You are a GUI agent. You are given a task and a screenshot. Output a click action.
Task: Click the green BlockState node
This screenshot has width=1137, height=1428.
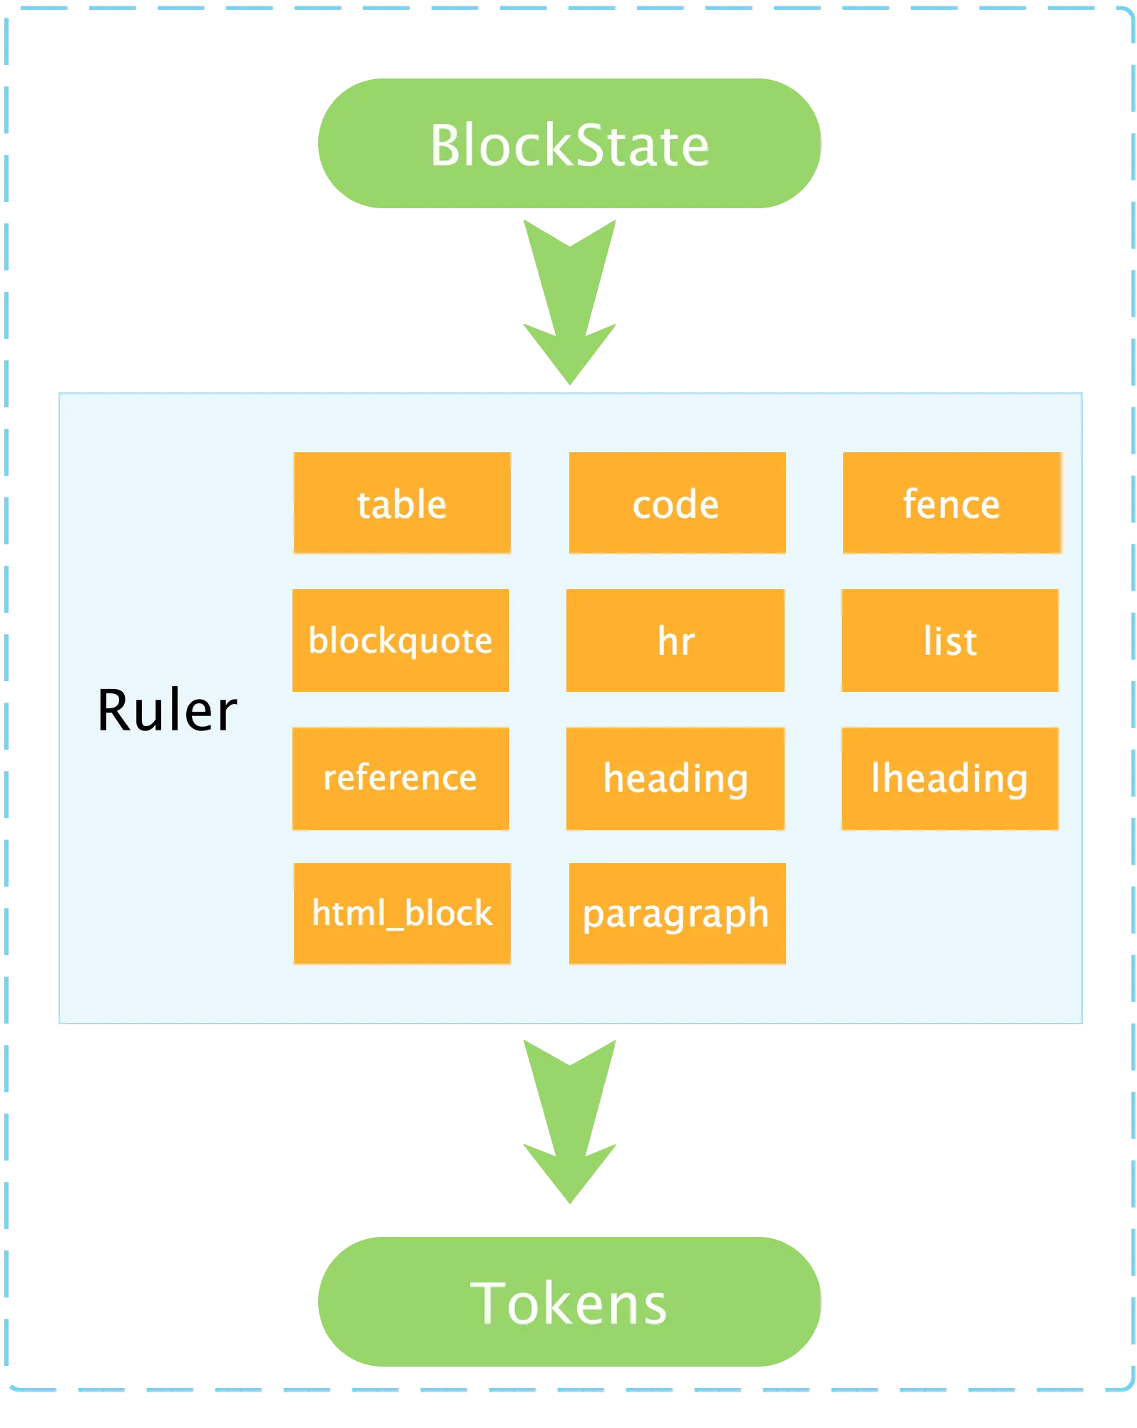tap(568, 143)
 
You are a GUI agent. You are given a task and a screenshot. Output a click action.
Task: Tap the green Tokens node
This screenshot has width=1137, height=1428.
tap(568, 1302)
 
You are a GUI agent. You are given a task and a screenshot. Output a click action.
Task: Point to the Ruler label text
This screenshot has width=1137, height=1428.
tap(167, 710)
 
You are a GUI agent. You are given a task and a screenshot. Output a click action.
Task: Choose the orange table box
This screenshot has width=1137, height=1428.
tap(402, 503)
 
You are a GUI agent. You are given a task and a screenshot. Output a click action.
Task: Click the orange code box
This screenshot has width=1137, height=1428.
tap(676, 503)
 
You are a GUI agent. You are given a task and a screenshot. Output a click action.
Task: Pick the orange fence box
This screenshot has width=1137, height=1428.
tap(951, 503)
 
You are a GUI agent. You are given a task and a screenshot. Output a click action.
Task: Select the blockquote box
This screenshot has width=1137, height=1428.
tap(400, 640)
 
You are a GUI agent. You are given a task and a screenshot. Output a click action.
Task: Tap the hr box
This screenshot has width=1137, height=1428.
tap(675, 640)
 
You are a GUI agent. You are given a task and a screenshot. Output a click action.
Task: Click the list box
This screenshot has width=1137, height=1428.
tap(949, 640)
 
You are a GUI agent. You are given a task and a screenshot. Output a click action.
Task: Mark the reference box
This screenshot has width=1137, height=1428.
tap(400, 778)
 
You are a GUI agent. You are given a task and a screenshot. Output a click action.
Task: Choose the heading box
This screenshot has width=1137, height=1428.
tap(675, 778)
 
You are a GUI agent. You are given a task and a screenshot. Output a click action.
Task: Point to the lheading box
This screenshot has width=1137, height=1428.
tap(949, 778)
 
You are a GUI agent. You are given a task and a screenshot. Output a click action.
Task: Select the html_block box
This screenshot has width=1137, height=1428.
tap(402, 914)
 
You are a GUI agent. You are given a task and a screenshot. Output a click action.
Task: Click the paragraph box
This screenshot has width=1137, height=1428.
tap(676, 914)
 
